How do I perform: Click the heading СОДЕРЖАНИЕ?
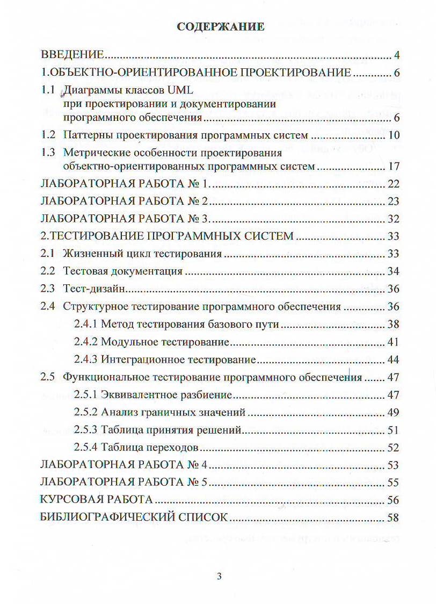pos(220,27)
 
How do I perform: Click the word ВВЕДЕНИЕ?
pos(72,55)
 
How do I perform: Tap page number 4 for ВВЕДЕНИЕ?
pos(396,55)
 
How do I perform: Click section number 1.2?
pos(49,134)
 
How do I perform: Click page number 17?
pos(394,167)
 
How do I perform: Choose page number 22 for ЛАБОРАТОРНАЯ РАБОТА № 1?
pos(394,184)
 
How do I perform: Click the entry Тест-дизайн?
pos(94,289)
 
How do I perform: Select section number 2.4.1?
pos(85,324)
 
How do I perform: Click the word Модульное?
pos(127,342)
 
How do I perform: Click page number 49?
pos(394,413)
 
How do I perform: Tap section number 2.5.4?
pos(85,447)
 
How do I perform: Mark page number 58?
pos(394,517)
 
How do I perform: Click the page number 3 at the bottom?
pos(219,577)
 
